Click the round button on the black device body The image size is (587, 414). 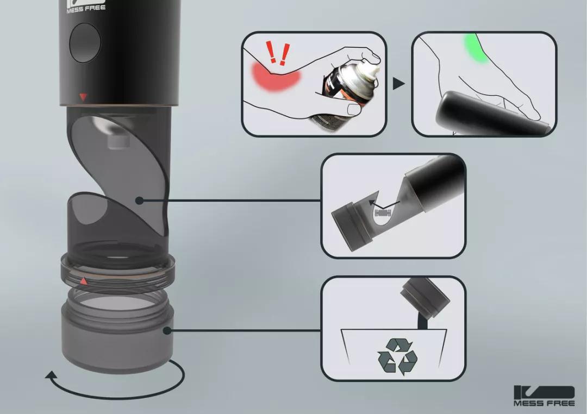[85, 42]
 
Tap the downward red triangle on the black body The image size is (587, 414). [83, 97]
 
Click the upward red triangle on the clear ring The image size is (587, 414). [84, 281]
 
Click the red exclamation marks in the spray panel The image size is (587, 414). [278, 53]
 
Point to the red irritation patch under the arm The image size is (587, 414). [276, 77]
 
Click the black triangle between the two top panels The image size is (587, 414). [399, 84]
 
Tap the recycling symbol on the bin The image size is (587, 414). [397, 356]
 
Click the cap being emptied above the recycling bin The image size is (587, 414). [425, 297]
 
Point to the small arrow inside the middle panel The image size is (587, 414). [384, 204]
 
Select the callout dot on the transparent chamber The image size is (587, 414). [139, 200]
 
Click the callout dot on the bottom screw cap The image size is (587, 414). [167, 330]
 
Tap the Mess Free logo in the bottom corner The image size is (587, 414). [544, 396]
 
